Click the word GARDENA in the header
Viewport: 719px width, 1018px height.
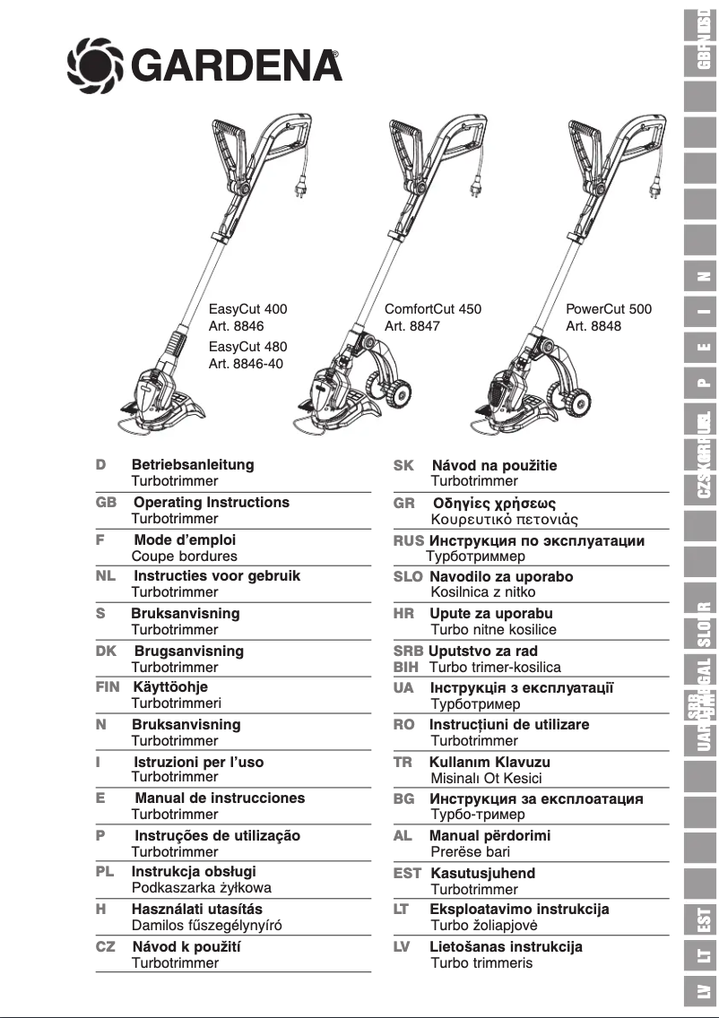(236, 65)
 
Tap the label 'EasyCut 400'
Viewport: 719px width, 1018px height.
(247, 309)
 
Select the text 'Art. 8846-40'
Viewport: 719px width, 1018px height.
(246, 364)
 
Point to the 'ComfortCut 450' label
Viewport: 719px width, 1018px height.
(432, 309)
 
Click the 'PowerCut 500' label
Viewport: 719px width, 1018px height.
(609, 309)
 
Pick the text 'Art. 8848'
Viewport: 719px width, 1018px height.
(593, 326)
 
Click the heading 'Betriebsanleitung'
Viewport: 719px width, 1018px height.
(193, 465)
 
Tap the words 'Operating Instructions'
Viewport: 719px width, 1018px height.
(212, 503)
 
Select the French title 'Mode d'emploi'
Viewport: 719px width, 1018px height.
(185, 540)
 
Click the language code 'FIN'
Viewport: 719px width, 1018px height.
(108, 687)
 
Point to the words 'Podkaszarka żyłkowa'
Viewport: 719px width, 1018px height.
(201, 888)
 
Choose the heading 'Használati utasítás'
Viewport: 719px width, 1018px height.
(197, 910)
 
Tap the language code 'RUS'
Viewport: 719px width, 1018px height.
(408, 541)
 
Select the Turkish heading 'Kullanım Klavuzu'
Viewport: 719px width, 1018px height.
(490, 763)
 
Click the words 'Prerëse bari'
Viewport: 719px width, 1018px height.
(471, 852)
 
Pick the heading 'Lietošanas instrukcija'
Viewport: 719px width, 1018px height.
(506, 947)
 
